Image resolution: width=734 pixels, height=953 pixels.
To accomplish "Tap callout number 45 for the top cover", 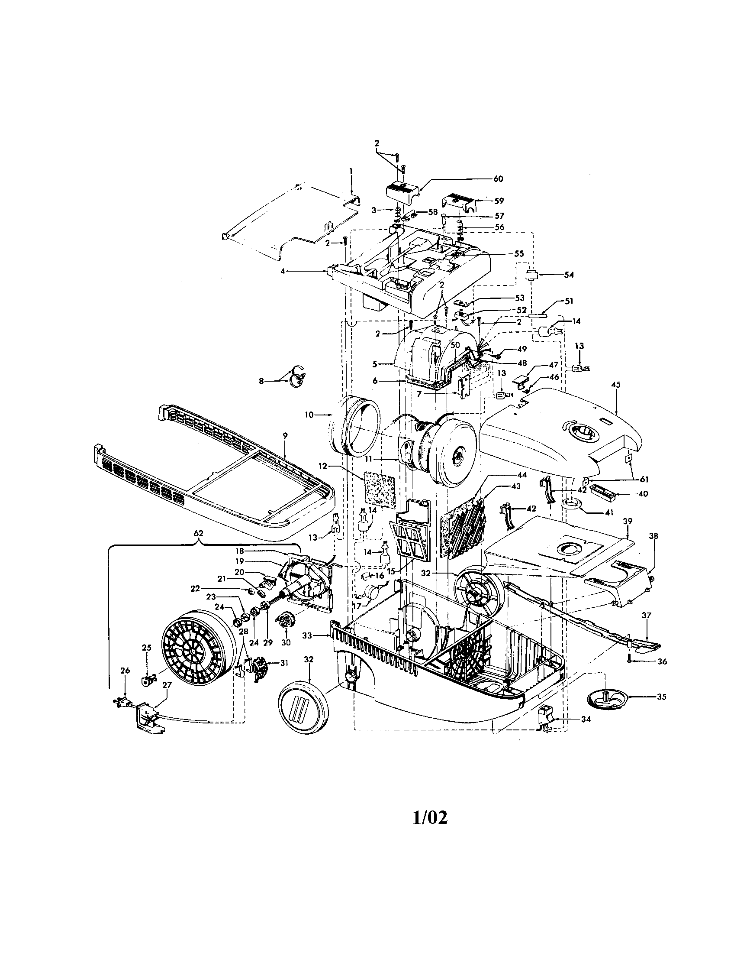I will point(616,385).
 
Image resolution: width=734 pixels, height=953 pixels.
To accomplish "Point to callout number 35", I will point(661,697).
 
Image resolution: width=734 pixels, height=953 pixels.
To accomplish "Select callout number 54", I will point(569,275).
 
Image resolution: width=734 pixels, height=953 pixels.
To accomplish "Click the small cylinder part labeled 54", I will point(531,276).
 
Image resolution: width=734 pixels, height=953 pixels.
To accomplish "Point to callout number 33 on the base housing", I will point(308,636).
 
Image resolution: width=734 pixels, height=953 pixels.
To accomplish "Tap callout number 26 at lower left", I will point(125,671).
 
